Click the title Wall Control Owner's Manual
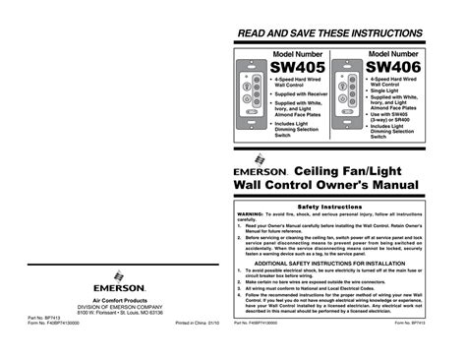324,185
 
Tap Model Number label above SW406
391,52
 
